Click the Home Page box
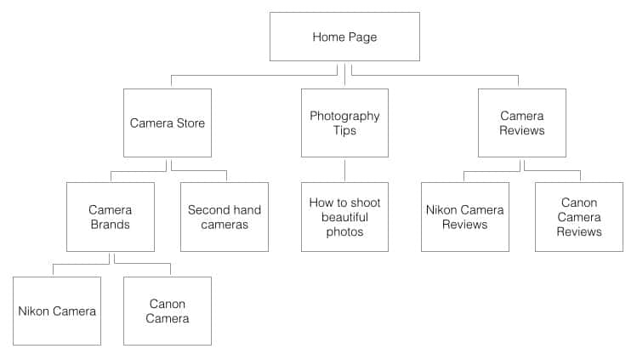[x=344, y=37]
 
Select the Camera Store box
[x=168, y=123]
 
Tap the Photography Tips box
[x=344, y=123]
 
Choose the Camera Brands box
[x=111, y=217]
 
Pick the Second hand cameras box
[x=225, y=217]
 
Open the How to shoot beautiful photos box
[x=344, y=217]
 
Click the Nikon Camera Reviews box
[x=464, y=217]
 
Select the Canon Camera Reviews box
[x=579, y=217]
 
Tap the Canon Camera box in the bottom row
[x=168, y=311]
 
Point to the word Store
[x=191, y=123]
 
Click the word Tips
[x=344, y=131]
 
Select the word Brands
[x=110, y=225]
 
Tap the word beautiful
[x=344, y=217]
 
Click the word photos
[x=344, y=232]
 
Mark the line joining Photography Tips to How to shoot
[x=345, y=170]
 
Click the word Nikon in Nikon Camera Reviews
[x=441, y=210]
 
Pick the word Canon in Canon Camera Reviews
[x=579, y=203]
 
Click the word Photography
[x=344, y=117]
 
